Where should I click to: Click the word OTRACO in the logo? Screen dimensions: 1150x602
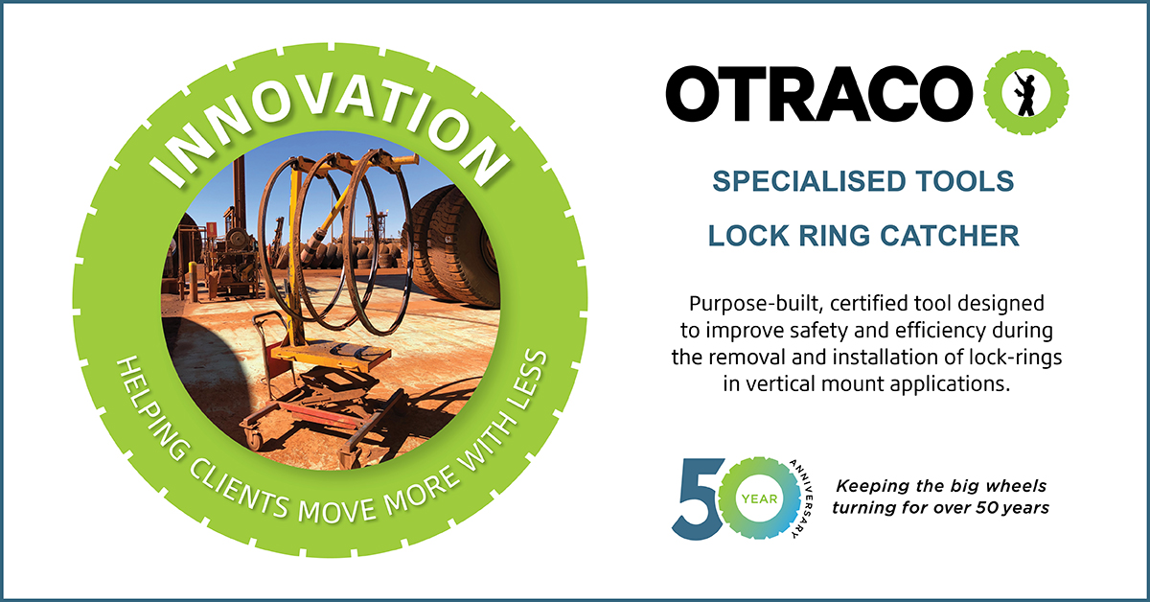click(x=818, y=94)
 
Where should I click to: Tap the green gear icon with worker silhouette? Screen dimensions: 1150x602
click(x=1025, y=93)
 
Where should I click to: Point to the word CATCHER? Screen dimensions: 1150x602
click(x=950, y=236)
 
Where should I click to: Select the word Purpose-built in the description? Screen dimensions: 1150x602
click(x=757, y=304)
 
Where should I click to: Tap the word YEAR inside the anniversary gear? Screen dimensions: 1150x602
click(x=759, y=499)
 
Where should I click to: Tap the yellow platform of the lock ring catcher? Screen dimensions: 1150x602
click(x=329, y=355)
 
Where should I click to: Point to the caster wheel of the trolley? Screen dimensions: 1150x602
click(x=254, y=438)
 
